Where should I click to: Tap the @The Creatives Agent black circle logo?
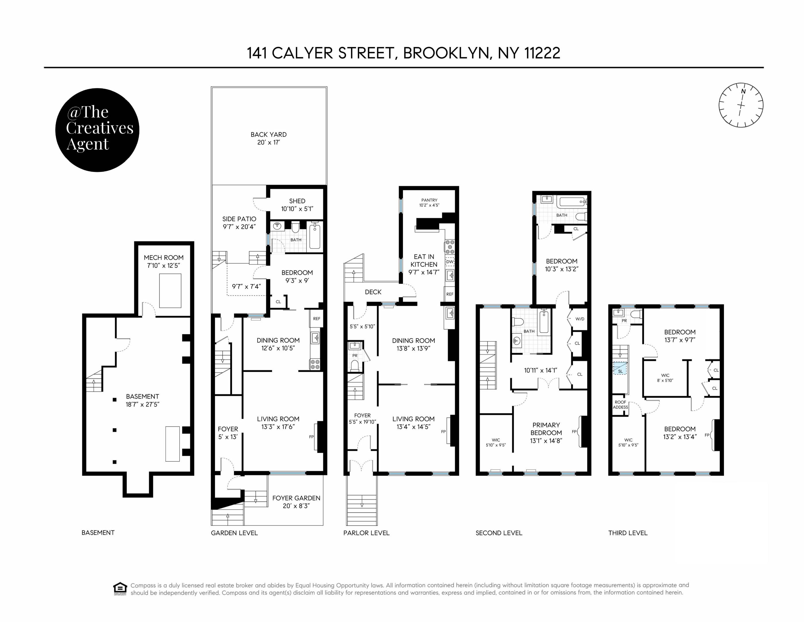[x=97, y=130]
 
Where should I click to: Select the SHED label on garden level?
[x=297, y=201]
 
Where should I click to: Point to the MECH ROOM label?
[x=164, y=258]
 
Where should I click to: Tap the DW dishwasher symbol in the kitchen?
[x=449, y=262]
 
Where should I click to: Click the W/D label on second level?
[x=580, y=319]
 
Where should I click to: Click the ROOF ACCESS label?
[x=620, y=405]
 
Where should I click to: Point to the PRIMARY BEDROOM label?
[x=546, y=429]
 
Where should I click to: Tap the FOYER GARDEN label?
[x=296, y=498]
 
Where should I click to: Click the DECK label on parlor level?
[x=373, y=292]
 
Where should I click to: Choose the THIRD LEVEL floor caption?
[x=628, y=533]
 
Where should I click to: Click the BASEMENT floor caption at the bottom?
[x=98, y=532]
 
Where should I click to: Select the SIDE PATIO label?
[x=239, y=219]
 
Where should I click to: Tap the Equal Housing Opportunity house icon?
[x=120, y=588]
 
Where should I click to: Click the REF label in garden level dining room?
[x=317, y=318]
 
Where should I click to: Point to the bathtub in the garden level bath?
[x=315, y=236]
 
